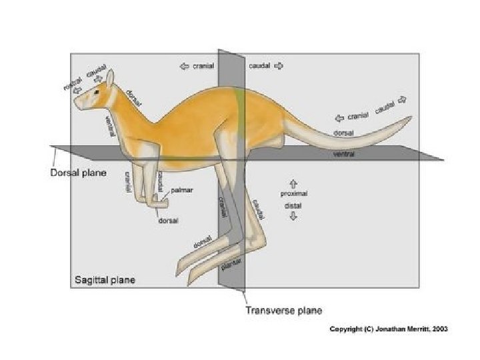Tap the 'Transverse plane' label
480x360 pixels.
[283, 311]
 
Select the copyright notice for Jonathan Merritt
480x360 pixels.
[389, 329]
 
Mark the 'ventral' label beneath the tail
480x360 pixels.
[343, 155]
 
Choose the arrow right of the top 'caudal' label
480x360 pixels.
[279, 66]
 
